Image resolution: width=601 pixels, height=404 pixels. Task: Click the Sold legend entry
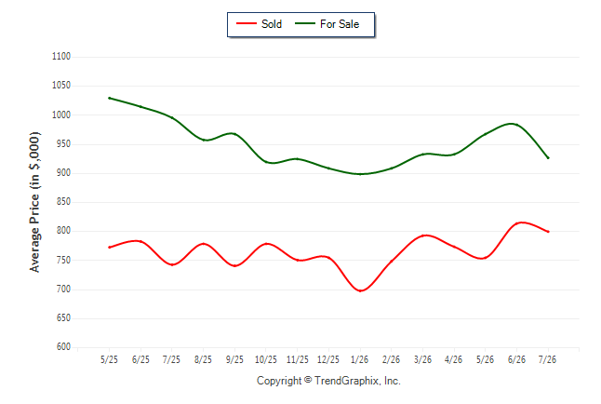[260, 24]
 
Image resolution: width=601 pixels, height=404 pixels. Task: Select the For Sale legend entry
[327, 24]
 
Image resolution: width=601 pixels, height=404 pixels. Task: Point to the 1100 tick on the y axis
[61, 57]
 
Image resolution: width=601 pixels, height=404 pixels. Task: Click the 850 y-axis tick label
[63, 201]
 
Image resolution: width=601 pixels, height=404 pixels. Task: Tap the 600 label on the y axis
[63, 346]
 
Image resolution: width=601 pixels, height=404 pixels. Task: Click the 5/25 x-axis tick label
[109, 359]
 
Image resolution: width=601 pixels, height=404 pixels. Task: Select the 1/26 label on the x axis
[359, 359]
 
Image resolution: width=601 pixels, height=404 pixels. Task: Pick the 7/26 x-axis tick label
[547, 359]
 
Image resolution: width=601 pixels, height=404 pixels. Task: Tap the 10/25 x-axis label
[266, 359]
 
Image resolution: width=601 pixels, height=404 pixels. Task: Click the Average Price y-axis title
[34, 202]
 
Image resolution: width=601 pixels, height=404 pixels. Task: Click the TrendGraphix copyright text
[328, 381]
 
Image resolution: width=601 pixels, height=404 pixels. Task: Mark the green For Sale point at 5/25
[110, 99]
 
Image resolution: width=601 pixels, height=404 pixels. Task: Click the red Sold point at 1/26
[360, 290]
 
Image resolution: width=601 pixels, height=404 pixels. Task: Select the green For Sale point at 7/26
[548, 157]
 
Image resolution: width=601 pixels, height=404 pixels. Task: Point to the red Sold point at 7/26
[548, 232]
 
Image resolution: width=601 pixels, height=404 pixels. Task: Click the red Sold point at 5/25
[110, 247]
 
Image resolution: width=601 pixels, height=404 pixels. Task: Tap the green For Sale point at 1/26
[360, 174]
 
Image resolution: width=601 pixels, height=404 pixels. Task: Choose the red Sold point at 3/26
[422, 236]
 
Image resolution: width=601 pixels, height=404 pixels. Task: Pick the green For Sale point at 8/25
[204, 140]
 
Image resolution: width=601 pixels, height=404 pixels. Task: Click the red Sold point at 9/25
[234, 265]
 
